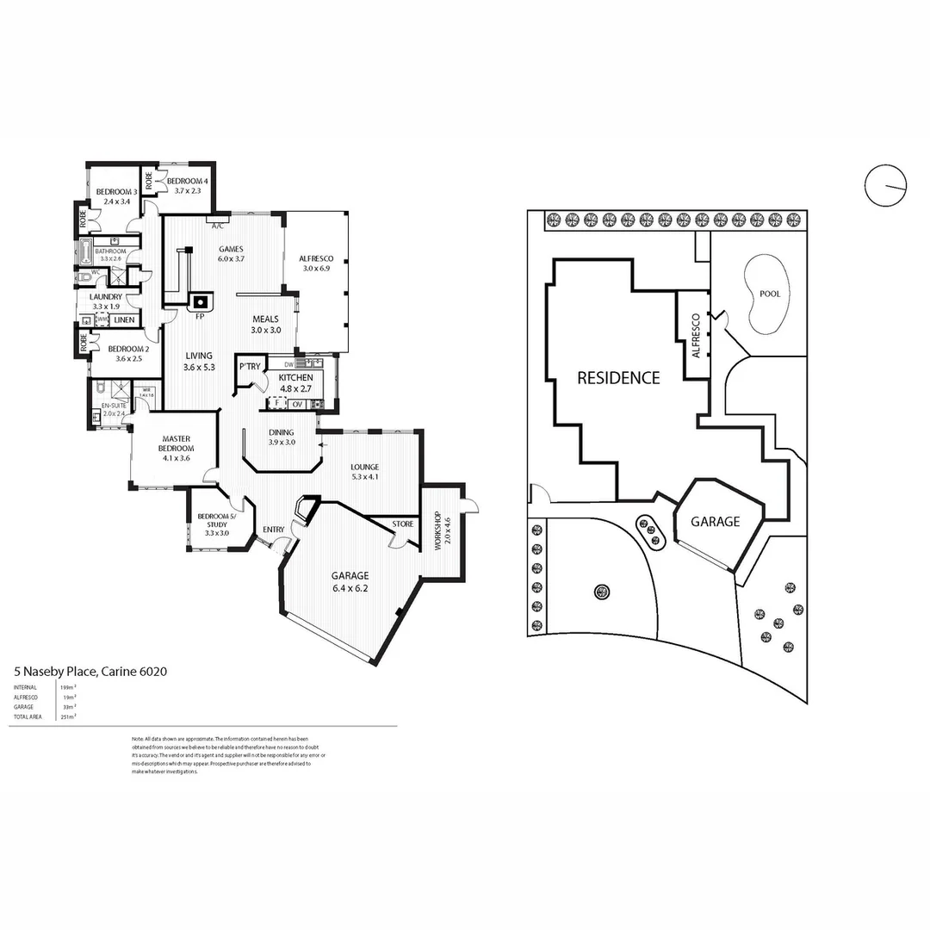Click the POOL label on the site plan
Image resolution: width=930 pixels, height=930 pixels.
(x=770, y=294)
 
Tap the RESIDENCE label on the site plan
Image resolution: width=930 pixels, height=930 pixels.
(x=618, y=377)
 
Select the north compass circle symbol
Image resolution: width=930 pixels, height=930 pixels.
(x=886, y=185)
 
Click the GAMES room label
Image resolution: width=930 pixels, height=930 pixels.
(x=231, y=249)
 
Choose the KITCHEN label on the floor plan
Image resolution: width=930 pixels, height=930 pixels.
(x=295, y=377)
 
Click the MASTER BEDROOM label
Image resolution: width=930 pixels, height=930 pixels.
(x=175, y=443)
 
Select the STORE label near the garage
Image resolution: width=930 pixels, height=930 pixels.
(x=403, y=524)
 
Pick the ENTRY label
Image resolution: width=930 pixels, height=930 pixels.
(x=273, y=530)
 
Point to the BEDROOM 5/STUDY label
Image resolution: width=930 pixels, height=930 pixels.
(x=211, y=521)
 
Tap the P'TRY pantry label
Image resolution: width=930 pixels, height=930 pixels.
(x=250, y=367)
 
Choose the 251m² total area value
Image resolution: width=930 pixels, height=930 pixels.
(x=66, y=716)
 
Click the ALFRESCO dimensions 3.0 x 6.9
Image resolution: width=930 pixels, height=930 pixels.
(x=316, y=269)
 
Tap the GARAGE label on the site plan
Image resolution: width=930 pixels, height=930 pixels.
(x=716, y=522)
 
